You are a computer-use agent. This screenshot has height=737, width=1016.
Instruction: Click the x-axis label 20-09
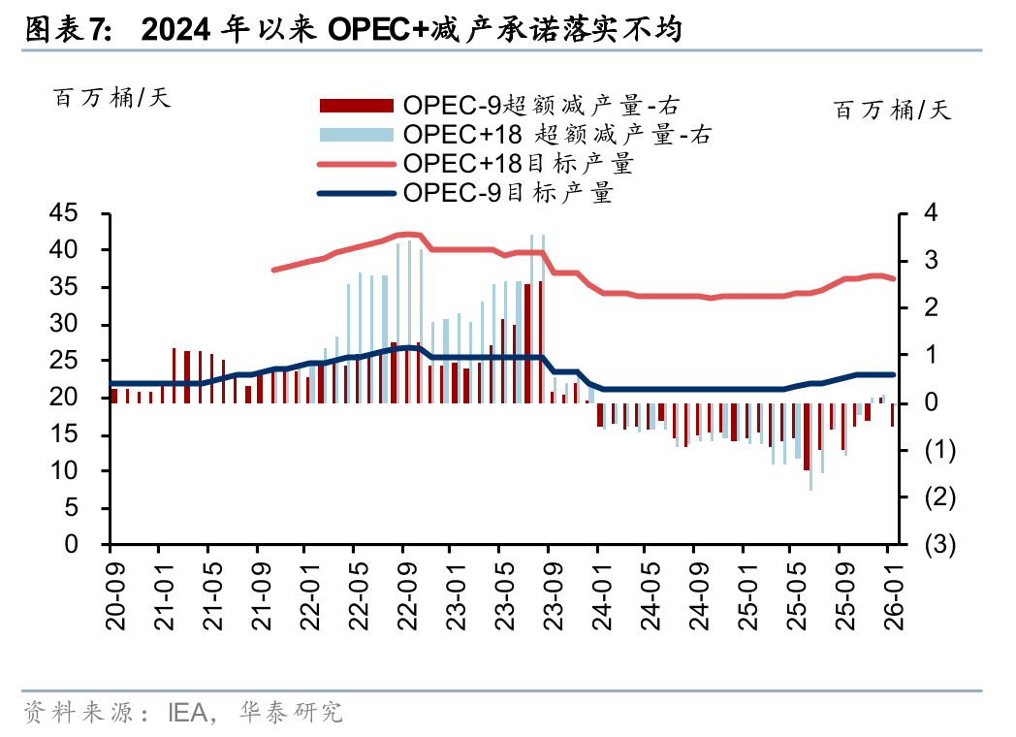[x=114, y=601]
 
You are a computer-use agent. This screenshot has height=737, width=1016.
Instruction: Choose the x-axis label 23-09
[x=550, y=601]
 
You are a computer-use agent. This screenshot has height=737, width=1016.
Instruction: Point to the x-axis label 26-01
[x=891, y=601]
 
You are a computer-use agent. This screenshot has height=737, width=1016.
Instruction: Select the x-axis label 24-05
[x=648, y=601]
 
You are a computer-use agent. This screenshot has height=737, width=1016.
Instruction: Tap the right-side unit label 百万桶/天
[x=893, y=110]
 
